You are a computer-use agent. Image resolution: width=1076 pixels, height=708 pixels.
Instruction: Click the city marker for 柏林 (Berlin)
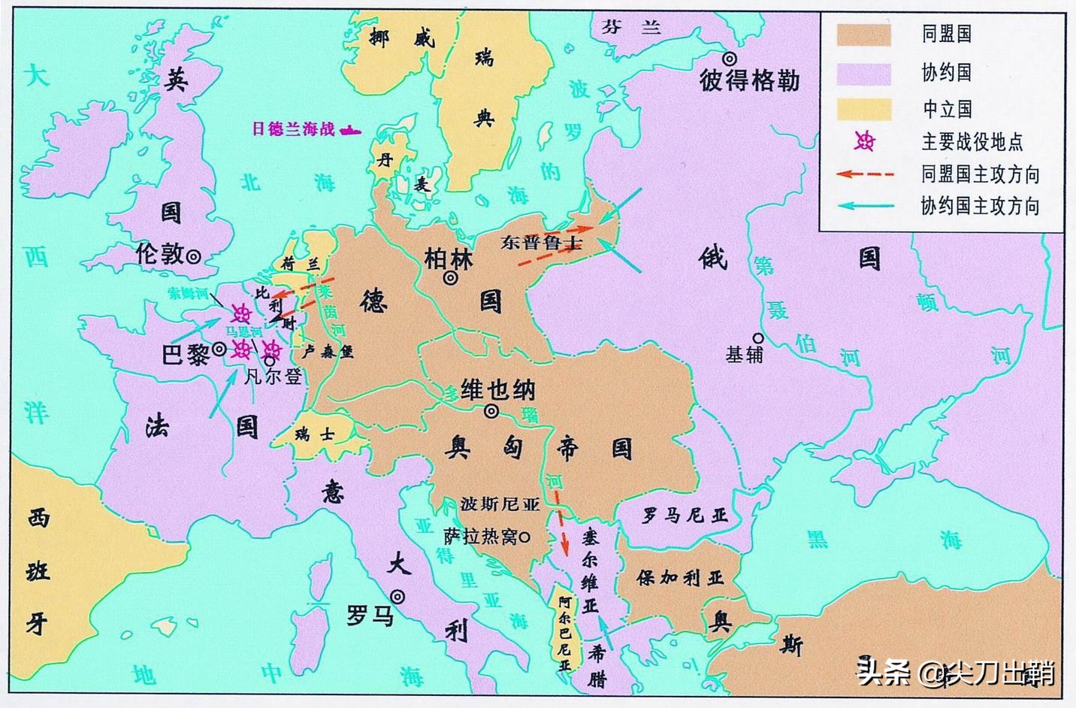click(x=451, y=277)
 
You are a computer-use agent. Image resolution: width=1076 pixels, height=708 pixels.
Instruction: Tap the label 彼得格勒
click(x=749, y=80)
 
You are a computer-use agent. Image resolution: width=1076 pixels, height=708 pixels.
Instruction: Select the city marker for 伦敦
click(x=193, y=256)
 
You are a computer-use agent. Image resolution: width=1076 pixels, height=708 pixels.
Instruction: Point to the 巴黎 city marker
click(x=219, y=349)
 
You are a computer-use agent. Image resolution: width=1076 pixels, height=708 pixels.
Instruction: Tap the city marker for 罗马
click(x=397, y=598)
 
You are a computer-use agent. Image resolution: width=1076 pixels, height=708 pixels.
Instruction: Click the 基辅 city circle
click(x=757, y=338)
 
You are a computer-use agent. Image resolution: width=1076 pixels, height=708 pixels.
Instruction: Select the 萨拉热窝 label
click(x=480, y=537)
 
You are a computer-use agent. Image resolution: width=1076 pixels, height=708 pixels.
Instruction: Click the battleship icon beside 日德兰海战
click(x=350, y=130)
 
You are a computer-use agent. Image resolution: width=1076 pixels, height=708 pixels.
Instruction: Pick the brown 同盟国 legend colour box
click(x=864, y=35)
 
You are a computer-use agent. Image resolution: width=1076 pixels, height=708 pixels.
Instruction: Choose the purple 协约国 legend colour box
click(x=864, y=74)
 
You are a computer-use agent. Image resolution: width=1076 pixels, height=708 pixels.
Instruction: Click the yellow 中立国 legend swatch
click(x=864, y=110)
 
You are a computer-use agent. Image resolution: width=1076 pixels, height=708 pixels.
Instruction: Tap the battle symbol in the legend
click(x=865, y=141)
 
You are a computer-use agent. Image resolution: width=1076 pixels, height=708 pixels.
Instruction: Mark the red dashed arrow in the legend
click(x=865, y=174)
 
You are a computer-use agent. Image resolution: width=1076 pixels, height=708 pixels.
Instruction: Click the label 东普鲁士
click(x=542, y=242)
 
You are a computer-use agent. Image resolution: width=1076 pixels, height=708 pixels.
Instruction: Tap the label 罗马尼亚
click(x=685, y=516)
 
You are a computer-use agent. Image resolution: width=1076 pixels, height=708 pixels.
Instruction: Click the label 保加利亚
click(x=679, y=577)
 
